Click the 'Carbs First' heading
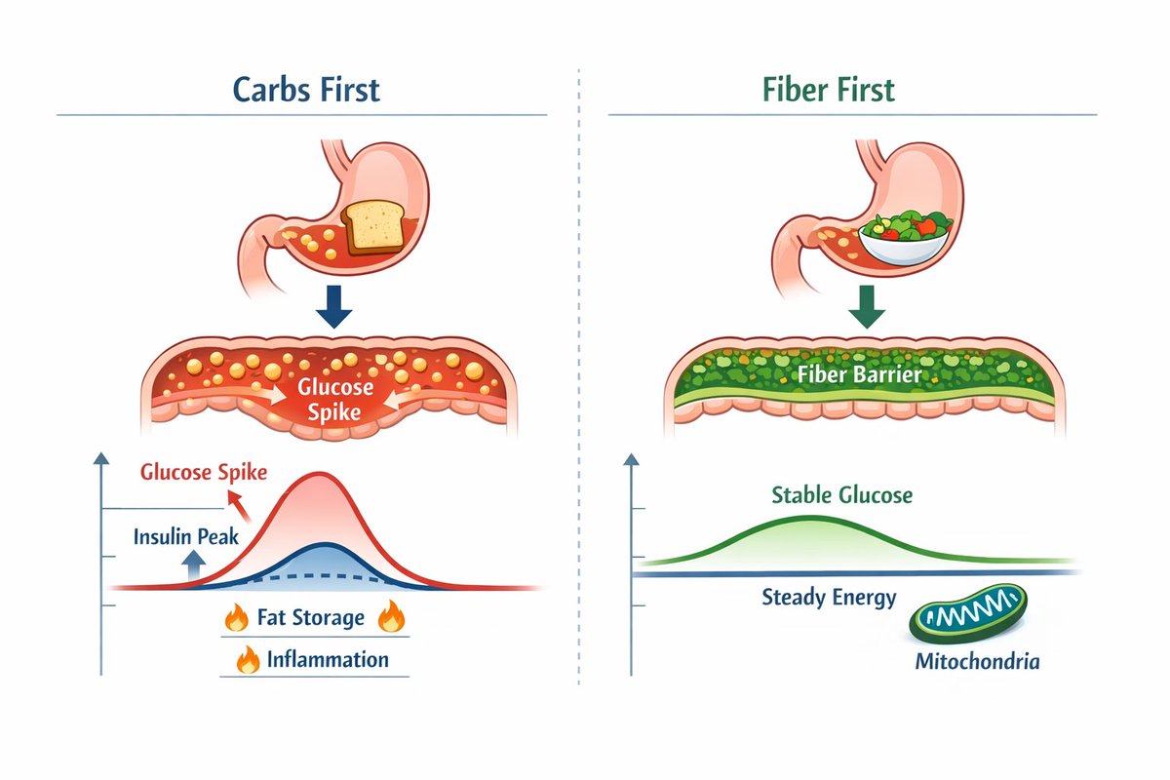[306, 90]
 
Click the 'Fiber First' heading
[829, 90]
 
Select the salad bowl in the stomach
[904, 238]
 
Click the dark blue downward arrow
[333, 307]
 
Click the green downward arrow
[867, 307]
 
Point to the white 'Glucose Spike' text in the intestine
[334, 400]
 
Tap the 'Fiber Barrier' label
[859, 374]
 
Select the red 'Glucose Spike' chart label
[204, 472]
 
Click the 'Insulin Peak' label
[186, 536]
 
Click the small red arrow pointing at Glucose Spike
[239, 506]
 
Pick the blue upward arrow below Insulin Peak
[193, 565]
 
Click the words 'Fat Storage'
[311, 617]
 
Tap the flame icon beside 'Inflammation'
[248, 659]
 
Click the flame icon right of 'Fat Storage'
[391, 616]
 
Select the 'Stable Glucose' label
[842, 494]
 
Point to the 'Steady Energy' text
[829, 597]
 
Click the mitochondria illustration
[968, 613]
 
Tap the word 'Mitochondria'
[977, 661]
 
